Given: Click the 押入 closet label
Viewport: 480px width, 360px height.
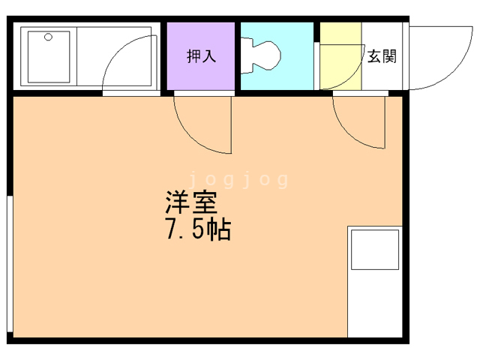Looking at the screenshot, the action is pos(201,56).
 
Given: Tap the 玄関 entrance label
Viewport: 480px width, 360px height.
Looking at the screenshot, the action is pos(382,56).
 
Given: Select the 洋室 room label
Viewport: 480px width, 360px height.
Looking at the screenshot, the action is pos(191,202).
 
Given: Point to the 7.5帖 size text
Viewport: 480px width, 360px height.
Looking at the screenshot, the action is pos(198,229).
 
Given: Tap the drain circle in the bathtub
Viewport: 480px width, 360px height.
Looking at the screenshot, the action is pos(48,37).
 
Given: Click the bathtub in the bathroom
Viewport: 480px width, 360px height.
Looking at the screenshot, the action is pos(49,57).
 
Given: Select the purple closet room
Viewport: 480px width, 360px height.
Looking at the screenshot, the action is pos(201,56).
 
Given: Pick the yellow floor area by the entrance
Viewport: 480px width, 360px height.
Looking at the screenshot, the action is pos(340,56).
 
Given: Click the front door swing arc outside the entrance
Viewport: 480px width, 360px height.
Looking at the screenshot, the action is pos(459,67).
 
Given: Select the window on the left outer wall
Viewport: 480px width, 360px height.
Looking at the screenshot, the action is pos(10,264).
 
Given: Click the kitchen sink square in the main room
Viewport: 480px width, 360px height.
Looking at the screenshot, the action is pos(375,250).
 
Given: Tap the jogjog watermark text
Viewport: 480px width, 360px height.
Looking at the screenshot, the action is pos(238,180).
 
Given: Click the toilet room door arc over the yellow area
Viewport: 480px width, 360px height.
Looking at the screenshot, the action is pos(352,76).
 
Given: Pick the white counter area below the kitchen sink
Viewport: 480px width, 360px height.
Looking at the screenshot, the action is pos(375,304).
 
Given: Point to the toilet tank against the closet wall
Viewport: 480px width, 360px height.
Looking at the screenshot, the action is pos(247,55).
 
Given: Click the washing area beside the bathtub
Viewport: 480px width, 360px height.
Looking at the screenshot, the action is pos(113,56).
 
